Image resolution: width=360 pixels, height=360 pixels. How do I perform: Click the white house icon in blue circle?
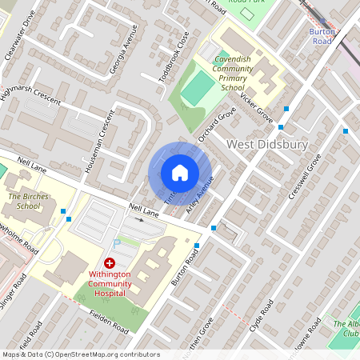(x=180, y=173)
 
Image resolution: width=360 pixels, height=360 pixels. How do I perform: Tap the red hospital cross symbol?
(x=110, y=263)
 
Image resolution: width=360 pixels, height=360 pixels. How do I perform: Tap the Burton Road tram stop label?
(x=321, y=35)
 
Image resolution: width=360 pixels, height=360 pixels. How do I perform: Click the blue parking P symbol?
(x=116, y=242)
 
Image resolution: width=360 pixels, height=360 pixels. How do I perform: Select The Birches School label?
(x=23, y=201)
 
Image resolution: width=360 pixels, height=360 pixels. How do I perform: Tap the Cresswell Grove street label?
(x=303, y=178)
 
